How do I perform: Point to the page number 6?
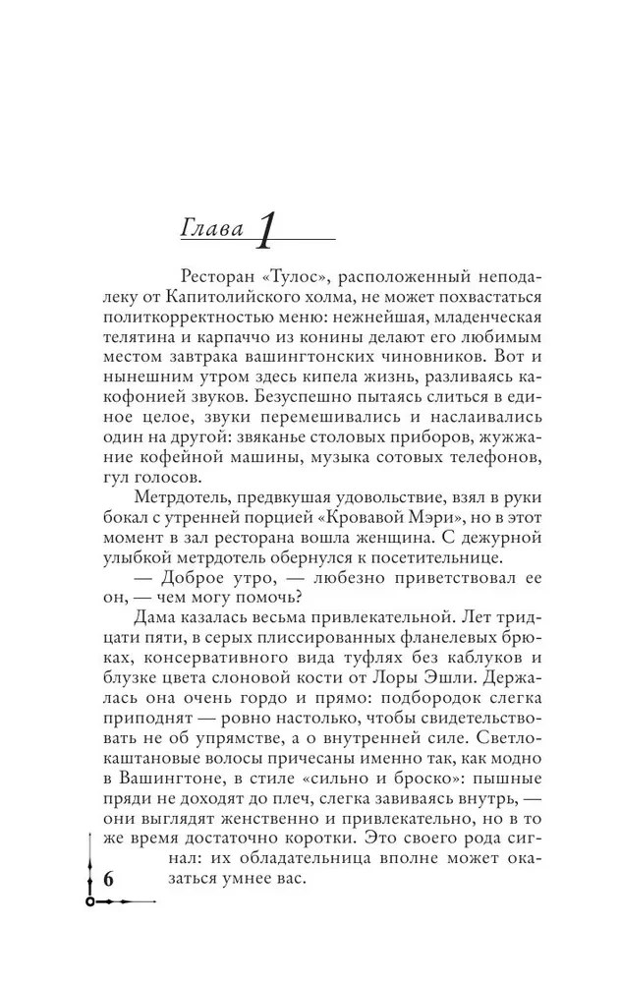tap(109, 879)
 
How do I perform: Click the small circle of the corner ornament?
tap(90, 901)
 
